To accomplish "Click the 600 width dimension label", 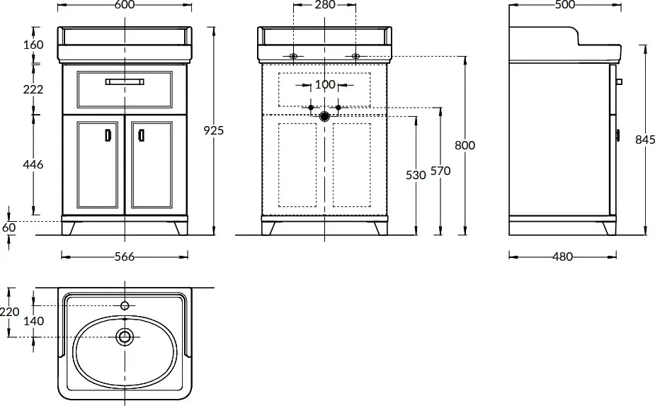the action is (124, 4).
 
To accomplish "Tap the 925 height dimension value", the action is (213, 131).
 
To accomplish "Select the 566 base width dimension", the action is (125, 256).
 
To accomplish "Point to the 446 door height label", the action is (33, 165).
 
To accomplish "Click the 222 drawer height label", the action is (33, 89).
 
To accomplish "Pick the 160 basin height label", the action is (33, 45).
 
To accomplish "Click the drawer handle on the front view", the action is (125, 81).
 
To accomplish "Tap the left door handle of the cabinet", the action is (108, 135).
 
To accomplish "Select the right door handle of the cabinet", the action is (141, 135).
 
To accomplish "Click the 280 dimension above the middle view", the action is (325, 4).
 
